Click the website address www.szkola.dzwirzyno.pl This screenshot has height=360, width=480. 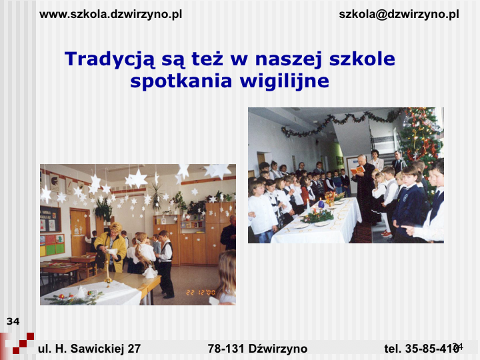111,15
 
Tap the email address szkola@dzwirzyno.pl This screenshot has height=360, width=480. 399,15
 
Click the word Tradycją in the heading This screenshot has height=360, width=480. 110,59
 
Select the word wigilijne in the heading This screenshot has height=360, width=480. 285,81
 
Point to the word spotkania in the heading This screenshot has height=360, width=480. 181,81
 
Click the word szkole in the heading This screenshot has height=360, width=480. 362,59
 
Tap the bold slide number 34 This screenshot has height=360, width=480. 13,321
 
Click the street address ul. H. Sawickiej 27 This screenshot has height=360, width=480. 89,349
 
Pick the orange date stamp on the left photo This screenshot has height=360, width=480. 201,293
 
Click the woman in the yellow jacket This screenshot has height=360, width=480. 111,247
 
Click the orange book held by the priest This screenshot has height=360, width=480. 357,170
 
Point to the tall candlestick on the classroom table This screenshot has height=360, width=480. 107,273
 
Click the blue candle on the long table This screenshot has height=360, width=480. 321,203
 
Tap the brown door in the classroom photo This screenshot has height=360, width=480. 80,233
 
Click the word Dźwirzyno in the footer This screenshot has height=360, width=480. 278,349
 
